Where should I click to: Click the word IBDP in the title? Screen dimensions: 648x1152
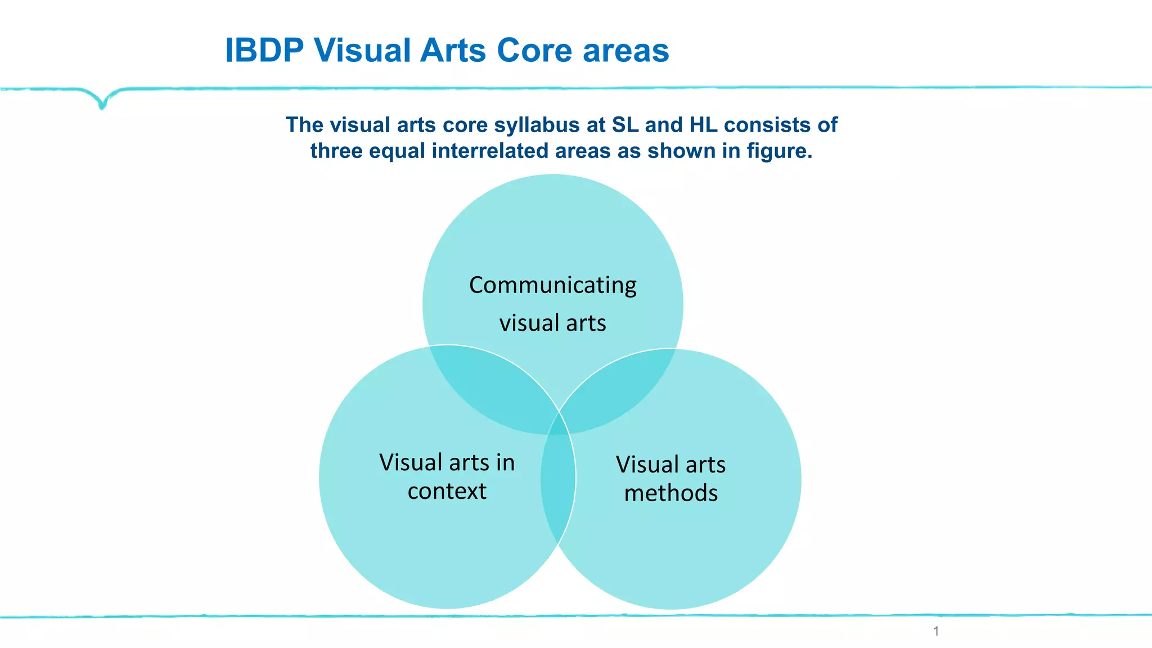click(x=264, y=51)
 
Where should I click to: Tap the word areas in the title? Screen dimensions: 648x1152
click(x=625, y=51)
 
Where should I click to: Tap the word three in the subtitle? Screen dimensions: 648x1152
click(x=336, y=151)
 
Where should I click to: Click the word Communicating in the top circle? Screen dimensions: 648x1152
click(x=552, y=285)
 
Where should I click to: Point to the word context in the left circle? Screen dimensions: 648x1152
click(x=447, y=491)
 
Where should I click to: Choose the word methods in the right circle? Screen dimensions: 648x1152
click(x=670, y=493)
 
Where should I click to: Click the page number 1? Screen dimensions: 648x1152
click(x=936, y=631)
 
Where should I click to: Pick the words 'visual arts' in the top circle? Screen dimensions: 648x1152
click(x=552, y=323)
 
